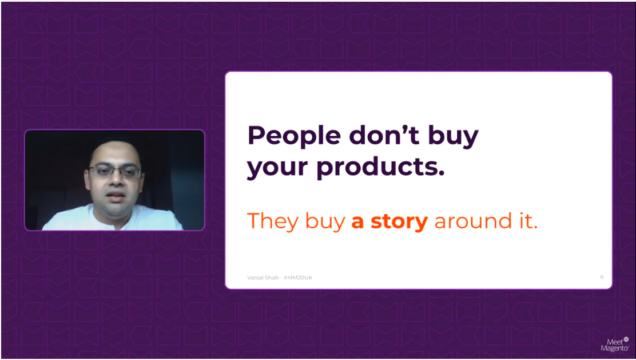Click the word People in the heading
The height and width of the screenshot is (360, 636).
click(x=293, y=136)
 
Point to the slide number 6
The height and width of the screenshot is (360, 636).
click(x=602, y=277)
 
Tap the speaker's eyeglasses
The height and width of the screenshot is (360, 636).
click(x=114, y=171)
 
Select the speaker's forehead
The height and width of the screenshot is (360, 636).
click(x=114, y=153)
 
